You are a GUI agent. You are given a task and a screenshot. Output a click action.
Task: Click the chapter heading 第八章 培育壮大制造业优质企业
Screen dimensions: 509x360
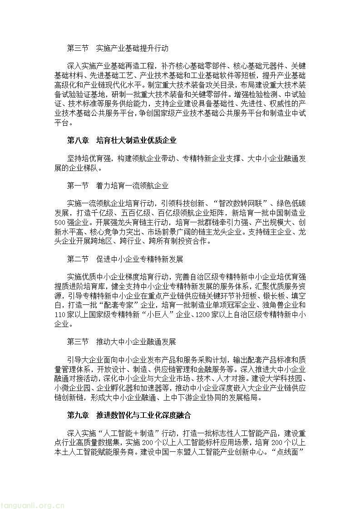point(121,141)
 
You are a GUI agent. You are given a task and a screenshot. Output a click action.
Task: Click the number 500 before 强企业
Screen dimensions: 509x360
point(60,223)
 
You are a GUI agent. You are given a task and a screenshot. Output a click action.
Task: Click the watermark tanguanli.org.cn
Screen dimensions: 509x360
point(29,505)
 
